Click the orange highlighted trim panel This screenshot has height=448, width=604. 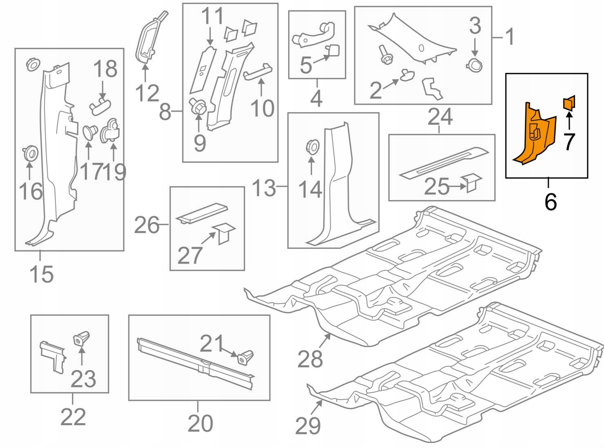(x=535, y=137)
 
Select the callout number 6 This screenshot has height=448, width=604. (x=550, y=201)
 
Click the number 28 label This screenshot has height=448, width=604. (x=310, y=359)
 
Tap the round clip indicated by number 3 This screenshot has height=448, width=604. (x=474, y=65)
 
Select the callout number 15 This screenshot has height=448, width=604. (x=41, y=274)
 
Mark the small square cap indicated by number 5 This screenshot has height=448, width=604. (x=333, y=51)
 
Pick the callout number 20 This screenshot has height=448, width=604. (x=200, y=423)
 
